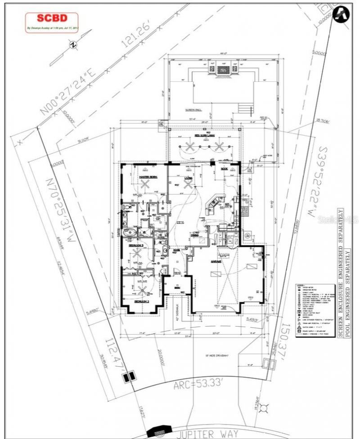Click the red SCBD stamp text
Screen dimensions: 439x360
(x=52, y=18)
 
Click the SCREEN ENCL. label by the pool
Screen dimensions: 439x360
(x=193, y=110)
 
